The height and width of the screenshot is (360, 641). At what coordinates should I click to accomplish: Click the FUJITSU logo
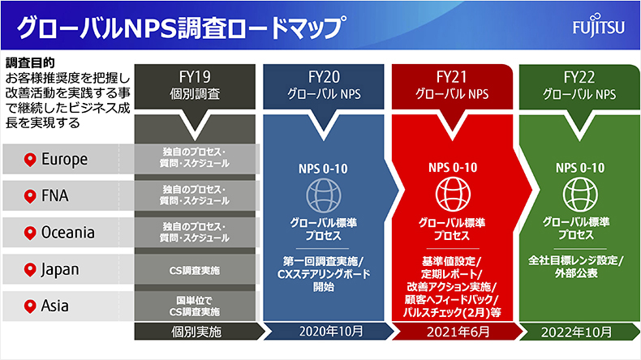coord(599,26)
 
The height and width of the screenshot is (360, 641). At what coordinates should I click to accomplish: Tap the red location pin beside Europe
coord(30,160)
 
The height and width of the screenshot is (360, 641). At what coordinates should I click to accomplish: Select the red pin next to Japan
coord(30,270)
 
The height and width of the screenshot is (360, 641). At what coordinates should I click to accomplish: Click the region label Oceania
coord(68,233)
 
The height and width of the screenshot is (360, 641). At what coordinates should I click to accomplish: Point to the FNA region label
coord(55,195)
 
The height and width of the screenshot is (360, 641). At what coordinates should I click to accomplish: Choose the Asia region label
coord(55,306)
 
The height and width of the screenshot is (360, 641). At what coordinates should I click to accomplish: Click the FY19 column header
coord(195,77)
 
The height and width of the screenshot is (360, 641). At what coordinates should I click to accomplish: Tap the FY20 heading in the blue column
coord(324,77)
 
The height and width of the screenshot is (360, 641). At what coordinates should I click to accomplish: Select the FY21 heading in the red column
coord(452,77)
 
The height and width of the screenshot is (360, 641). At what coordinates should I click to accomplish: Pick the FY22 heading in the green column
coord(579,77)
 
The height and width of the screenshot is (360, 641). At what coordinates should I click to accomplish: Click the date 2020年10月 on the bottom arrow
coord(331,332)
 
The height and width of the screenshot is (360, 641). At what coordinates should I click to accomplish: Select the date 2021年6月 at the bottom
coord(458,332)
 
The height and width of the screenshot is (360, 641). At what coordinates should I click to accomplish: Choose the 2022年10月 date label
coord(576,332)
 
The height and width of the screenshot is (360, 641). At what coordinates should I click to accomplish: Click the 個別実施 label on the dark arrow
coord(196,332)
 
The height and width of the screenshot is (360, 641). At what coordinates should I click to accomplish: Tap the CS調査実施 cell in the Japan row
coord(195,271)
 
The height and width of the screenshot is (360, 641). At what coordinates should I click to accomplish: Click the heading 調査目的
coord(30,63)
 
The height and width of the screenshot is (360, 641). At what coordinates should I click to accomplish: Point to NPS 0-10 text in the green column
coord(580,168)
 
